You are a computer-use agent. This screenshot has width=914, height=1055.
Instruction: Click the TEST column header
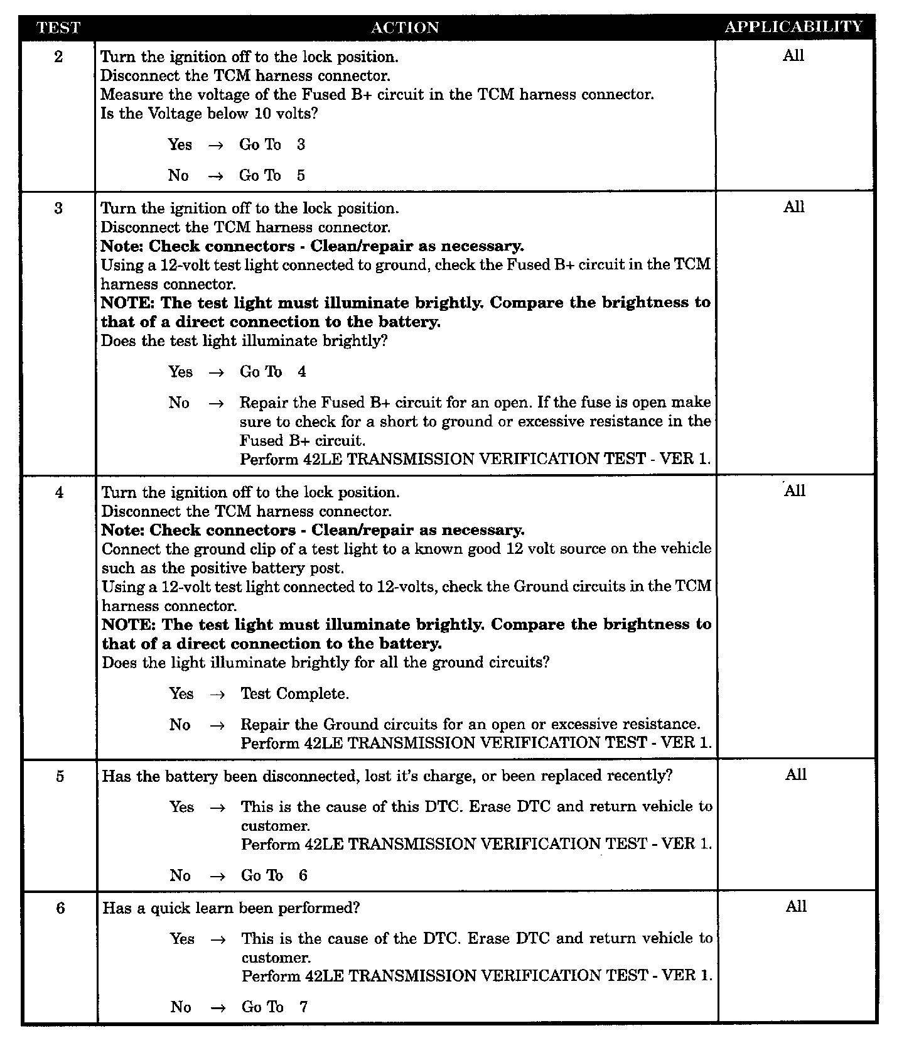pos(58,28)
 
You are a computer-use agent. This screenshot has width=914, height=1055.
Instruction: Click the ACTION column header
pos(405,28)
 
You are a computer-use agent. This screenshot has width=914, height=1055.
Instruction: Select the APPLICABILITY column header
pos(794,27)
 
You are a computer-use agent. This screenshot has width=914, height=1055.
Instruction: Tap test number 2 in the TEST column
pos(58,57)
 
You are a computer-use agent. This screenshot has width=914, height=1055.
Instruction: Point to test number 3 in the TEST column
pos(58,208)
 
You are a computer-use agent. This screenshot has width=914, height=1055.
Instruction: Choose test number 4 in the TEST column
pos(59,492)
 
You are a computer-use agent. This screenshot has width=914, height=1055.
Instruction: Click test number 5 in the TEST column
pos(60,776)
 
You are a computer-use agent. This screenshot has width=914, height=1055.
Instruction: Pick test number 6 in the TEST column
pos(60,908)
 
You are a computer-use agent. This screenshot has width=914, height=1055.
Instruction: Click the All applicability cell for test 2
pos(793,56)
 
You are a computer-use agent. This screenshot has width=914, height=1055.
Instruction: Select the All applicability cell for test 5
pos(795,775)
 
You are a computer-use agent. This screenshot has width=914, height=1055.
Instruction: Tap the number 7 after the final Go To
pos(304,1007)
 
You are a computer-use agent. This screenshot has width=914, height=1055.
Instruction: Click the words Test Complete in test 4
pos(294,694)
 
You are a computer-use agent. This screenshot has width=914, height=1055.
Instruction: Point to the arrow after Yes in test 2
pos(216,145)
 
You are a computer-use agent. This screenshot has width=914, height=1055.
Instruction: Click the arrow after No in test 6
pos(218,1007)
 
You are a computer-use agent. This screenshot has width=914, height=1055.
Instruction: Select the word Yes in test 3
pos(180,372)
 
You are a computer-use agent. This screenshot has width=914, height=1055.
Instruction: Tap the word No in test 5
pos(180,875)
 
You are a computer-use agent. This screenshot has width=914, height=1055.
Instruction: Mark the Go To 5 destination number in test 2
pos(301,176)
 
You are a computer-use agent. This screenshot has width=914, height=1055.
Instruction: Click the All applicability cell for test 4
pos(795,491)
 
